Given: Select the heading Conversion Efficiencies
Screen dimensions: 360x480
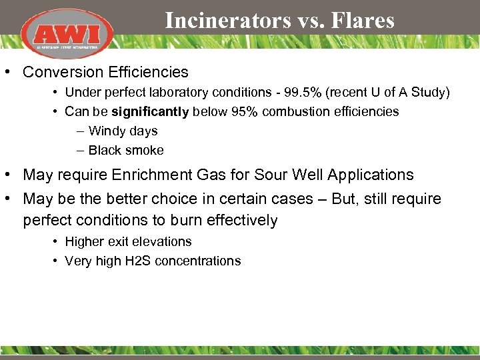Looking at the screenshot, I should (105, 72).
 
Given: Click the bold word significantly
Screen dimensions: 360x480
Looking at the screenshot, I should (150, 111).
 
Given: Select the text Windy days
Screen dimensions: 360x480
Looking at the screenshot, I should (123, 131).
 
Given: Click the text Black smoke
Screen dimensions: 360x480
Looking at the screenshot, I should (126, 150).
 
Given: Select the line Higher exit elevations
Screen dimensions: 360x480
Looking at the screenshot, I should (128, 241).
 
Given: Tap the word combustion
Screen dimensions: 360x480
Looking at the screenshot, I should (298, 111).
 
